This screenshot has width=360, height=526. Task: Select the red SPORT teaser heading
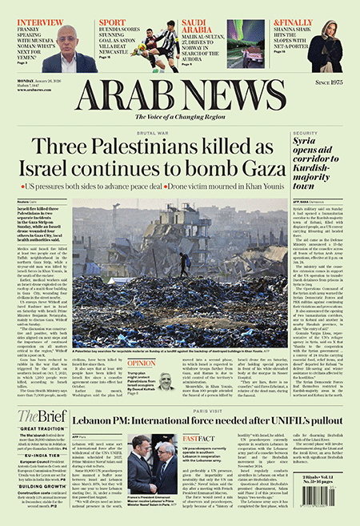tap(112, 22)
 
